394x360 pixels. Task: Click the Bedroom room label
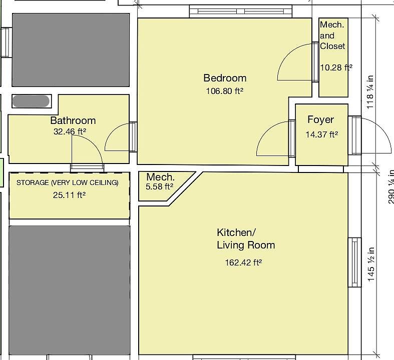pos(225,78)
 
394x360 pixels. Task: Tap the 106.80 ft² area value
pos(224,91)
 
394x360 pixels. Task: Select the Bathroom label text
pos(73,120)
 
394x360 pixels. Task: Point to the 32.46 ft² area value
pos(70,132)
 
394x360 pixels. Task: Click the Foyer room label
pos(320,120)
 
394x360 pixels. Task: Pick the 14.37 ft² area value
pos(321,134)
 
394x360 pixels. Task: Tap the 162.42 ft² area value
pos(244,262)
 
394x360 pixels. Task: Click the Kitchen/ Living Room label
pos(245,239)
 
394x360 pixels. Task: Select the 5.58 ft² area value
pos(160,186)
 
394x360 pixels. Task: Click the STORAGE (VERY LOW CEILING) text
pos(68,182)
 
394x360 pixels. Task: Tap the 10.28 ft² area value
pos(336,67)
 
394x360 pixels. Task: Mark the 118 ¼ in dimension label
pos(370,92)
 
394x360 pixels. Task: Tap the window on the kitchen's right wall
pos(354,262)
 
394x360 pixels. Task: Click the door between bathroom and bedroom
pos(133,136)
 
